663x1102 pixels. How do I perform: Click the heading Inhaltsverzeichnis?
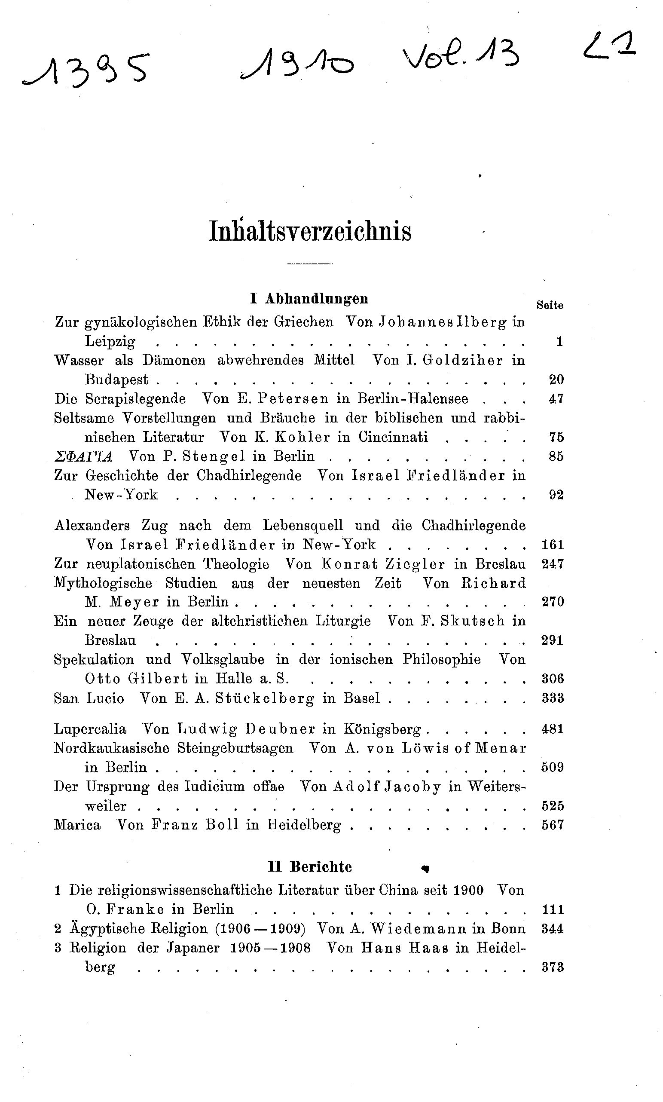tap(310, 232)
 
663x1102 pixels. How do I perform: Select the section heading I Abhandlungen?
tap(309, 299)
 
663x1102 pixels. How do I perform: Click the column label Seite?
tap(550, 306)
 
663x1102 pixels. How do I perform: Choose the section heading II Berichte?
tap(310, 867)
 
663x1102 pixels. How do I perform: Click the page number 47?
tap(556, 398)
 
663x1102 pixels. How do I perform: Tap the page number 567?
tap(553, 825)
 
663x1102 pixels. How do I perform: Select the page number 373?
tap(553, 967)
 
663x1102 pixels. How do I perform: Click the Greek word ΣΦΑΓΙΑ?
tap(83, 456)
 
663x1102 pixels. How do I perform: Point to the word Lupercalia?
tap(90, 729)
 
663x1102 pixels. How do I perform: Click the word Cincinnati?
tap(393, 437)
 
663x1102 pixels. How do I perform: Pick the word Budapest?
tap(116, 380)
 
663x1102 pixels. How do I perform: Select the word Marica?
tap(77, 825)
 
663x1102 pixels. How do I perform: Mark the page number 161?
tap(553, 545)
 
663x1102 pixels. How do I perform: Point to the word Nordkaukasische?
tap(111, 748)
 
